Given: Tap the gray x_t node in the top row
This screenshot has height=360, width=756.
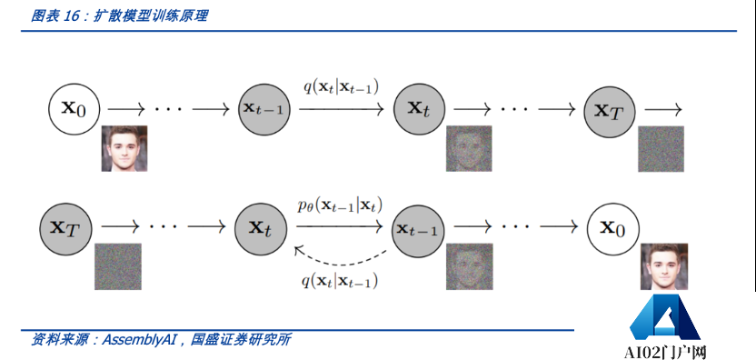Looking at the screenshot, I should click(418, 107).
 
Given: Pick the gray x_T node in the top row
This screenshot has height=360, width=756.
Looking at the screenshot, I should click(608, 109).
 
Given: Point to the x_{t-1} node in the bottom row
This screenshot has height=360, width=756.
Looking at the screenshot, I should click(418, 228).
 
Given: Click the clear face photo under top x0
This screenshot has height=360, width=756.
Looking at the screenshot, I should click(124, 149).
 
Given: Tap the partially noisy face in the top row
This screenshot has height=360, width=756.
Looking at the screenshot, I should click(469, 149).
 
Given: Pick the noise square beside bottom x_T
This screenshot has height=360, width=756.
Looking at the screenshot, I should click(118, 266).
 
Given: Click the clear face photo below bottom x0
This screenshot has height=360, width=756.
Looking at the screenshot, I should click(662, 266).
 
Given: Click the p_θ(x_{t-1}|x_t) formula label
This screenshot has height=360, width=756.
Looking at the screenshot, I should click(339, 206).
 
